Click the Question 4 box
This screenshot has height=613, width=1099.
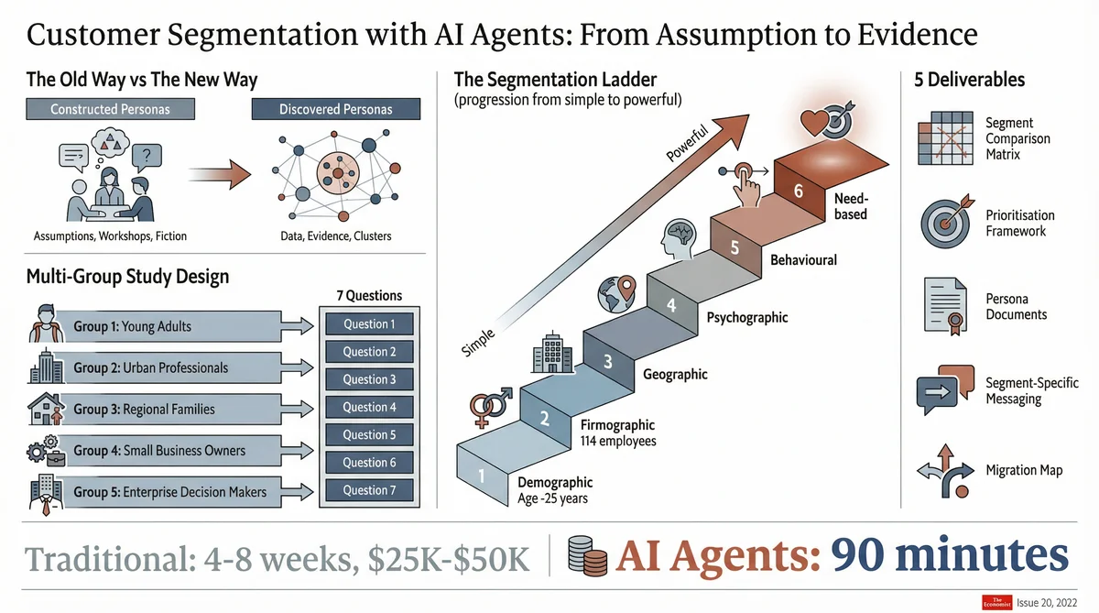369,407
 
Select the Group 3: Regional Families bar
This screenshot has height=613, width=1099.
169,409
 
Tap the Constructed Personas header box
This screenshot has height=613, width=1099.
110,109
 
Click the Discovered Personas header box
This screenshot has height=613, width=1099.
335,109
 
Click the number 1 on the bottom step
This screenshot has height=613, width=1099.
481,476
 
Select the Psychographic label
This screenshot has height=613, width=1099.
747,317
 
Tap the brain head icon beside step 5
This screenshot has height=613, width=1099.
679,238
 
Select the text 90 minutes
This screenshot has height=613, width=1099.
949,555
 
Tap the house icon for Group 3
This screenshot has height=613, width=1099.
46,409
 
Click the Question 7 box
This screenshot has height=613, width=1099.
369,490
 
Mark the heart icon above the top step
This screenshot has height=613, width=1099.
813,122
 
